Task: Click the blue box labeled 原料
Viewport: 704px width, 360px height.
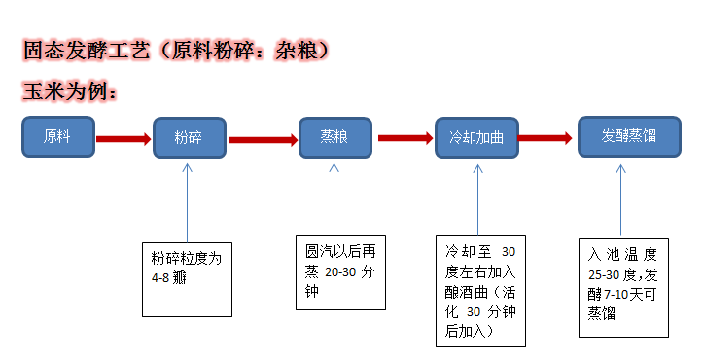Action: click(x=58, y=136)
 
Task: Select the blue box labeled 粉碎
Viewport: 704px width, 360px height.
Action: click(x=190, y=138)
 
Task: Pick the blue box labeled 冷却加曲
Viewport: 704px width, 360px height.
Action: click(x=476, y=137)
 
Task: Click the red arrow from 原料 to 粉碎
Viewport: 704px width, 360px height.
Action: click(x=123, y=138)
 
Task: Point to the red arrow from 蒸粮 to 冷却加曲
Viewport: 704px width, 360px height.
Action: click(x=405, y=137)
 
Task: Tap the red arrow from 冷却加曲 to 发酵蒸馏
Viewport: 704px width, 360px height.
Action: click(x=546, y=137)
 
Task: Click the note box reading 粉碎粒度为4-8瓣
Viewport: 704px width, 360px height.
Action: click(x=188, y=277)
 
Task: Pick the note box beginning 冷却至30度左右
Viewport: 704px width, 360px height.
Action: click(x=480, y=289)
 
